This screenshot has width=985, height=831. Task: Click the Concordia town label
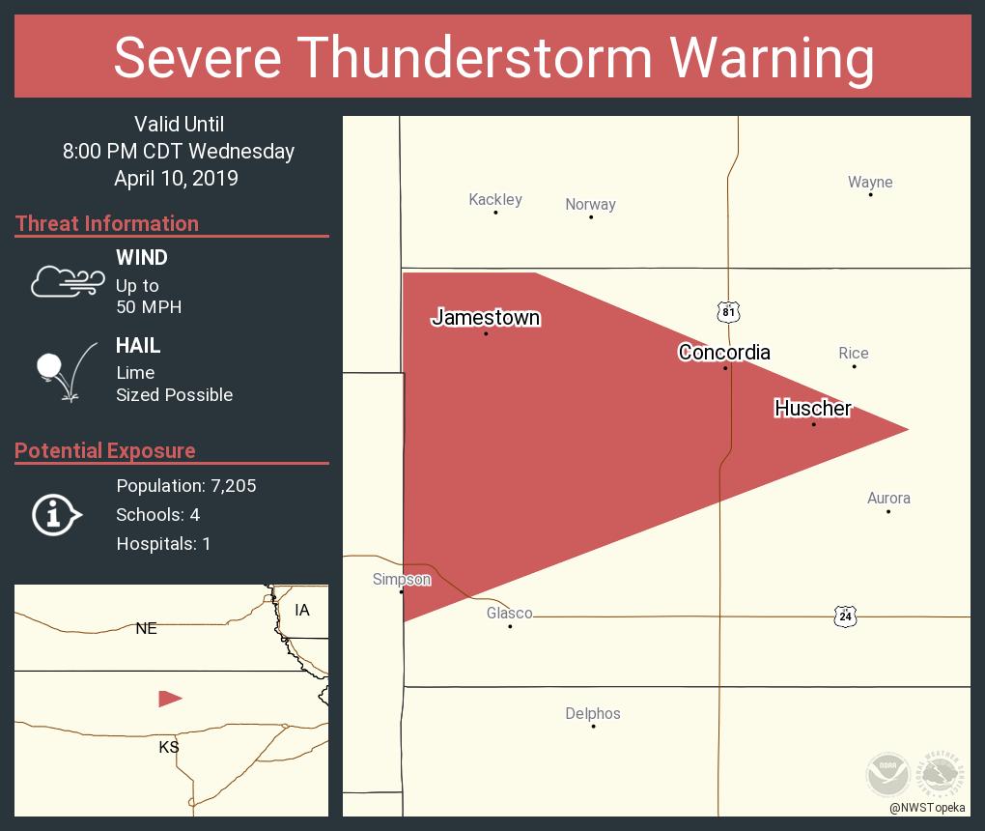pyautogui.click(x=724, y=352)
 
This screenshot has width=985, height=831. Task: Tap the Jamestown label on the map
pyautogui.click(x=486, y=317)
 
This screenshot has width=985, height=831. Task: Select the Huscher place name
pyautogui.click(x=813, y=408)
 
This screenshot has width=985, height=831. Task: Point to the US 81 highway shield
pyautogui.click(x=728, y=311)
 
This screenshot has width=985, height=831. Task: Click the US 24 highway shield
pyautogui.click(x=846, y=616)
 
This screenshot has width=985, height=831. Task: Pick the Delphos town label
pyautogui.click(x=593, y=714)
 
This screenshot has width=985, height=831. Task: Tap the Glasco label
pyautogui.click(x=509, y=614)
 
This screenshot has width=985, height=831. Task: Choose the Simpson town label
pyautogui.click(x=402, y=580)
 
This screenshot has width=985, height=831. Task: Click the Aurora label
pyautogui.click(x=888, y=499)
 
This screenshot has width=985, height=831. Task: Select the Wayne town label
pyautogui.click(x=870, y=183)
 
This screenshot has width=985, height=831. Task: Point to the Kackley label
pyautogui.click(x=495, y=200)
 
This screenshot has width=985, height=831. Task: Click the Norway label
pyautogui.click(x=590, y=205)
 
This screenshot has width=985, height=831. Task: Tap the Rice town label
pyautogui.click(x=854, y=354)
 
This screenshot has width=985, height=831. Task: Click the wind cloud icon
pyautogui.click(x=67, y=281)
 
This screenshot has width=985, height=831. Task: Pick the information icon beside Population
pyautogui.click(x=56, y=515)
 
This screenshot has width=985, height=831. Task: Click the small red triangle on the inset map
pyautogui.click(x=169, y=698)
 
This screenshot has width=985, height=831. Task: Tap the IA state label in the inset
pyautogui.click(x=302, y=610)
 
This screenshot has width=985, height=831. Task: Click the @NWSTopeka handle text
pyautogui.click(x=929, y=808)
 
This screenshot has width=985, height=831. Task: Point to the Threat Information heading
pyautogui.click(x=107, y=223)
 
